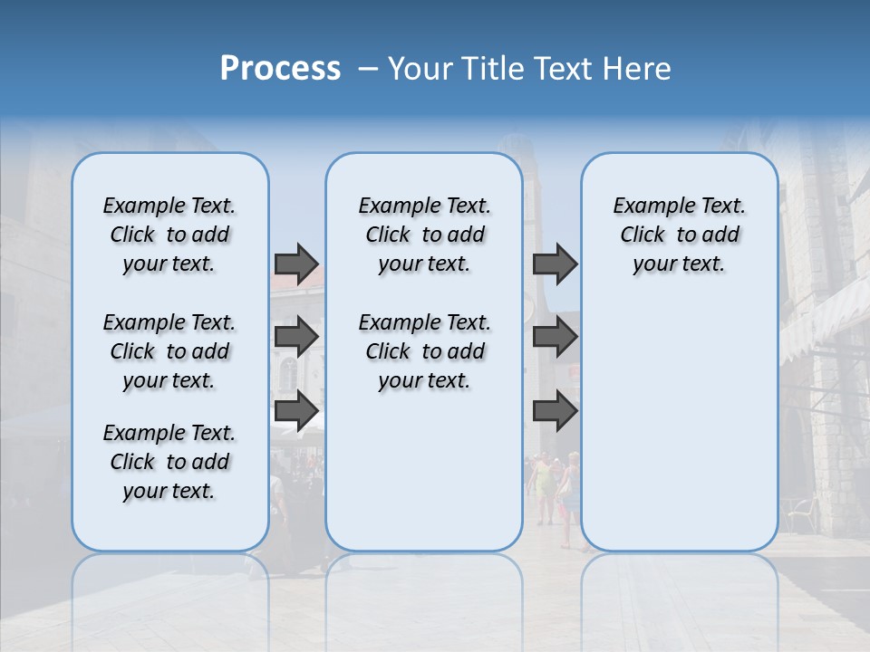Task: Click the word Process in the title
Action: click(280, 69)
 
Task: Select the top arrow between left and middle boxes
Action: click(296, 264)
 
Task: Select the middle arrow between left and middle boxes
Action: click(296, 337)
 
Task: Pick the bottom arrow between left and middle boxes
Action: click(296, 411)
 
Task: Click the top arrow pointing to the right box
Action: click(555, 264)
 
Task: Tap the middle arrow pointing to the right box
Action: click(555, 337)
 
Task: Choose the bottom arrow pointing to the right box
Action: click(555, 411)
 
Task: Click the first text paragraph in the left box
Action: click(169, 235)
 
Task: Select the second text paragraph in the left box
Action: click(169, 351)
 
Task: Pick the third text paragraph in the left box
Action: click(169, 462)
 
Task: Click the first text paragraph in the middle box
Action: click(424, 235)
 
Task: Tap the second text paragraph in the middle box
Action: click(424, 351)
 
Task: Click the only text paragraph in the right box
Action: click(679, 235)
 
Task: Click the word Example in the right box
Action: click(644, 206)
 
